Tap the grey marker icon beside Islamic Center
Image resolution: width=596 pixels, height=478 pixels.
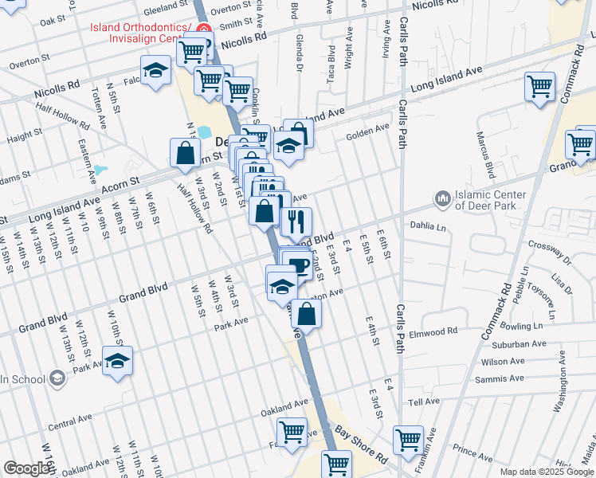(x=442, y=197)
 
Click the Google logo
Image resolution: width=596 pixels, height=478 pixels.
(x=27, y=468)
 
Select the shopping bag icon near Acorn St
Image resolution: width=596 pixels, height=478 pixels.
(x=185, y=152)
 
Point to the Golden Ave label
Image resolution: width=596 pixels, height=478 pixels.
(x=367, y=132)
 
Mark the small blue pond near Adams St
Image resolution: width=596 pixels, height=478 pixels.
(x=100, y=170)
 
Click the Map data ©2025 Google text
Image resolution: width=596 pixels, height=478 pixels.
(x=547, y=471)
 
